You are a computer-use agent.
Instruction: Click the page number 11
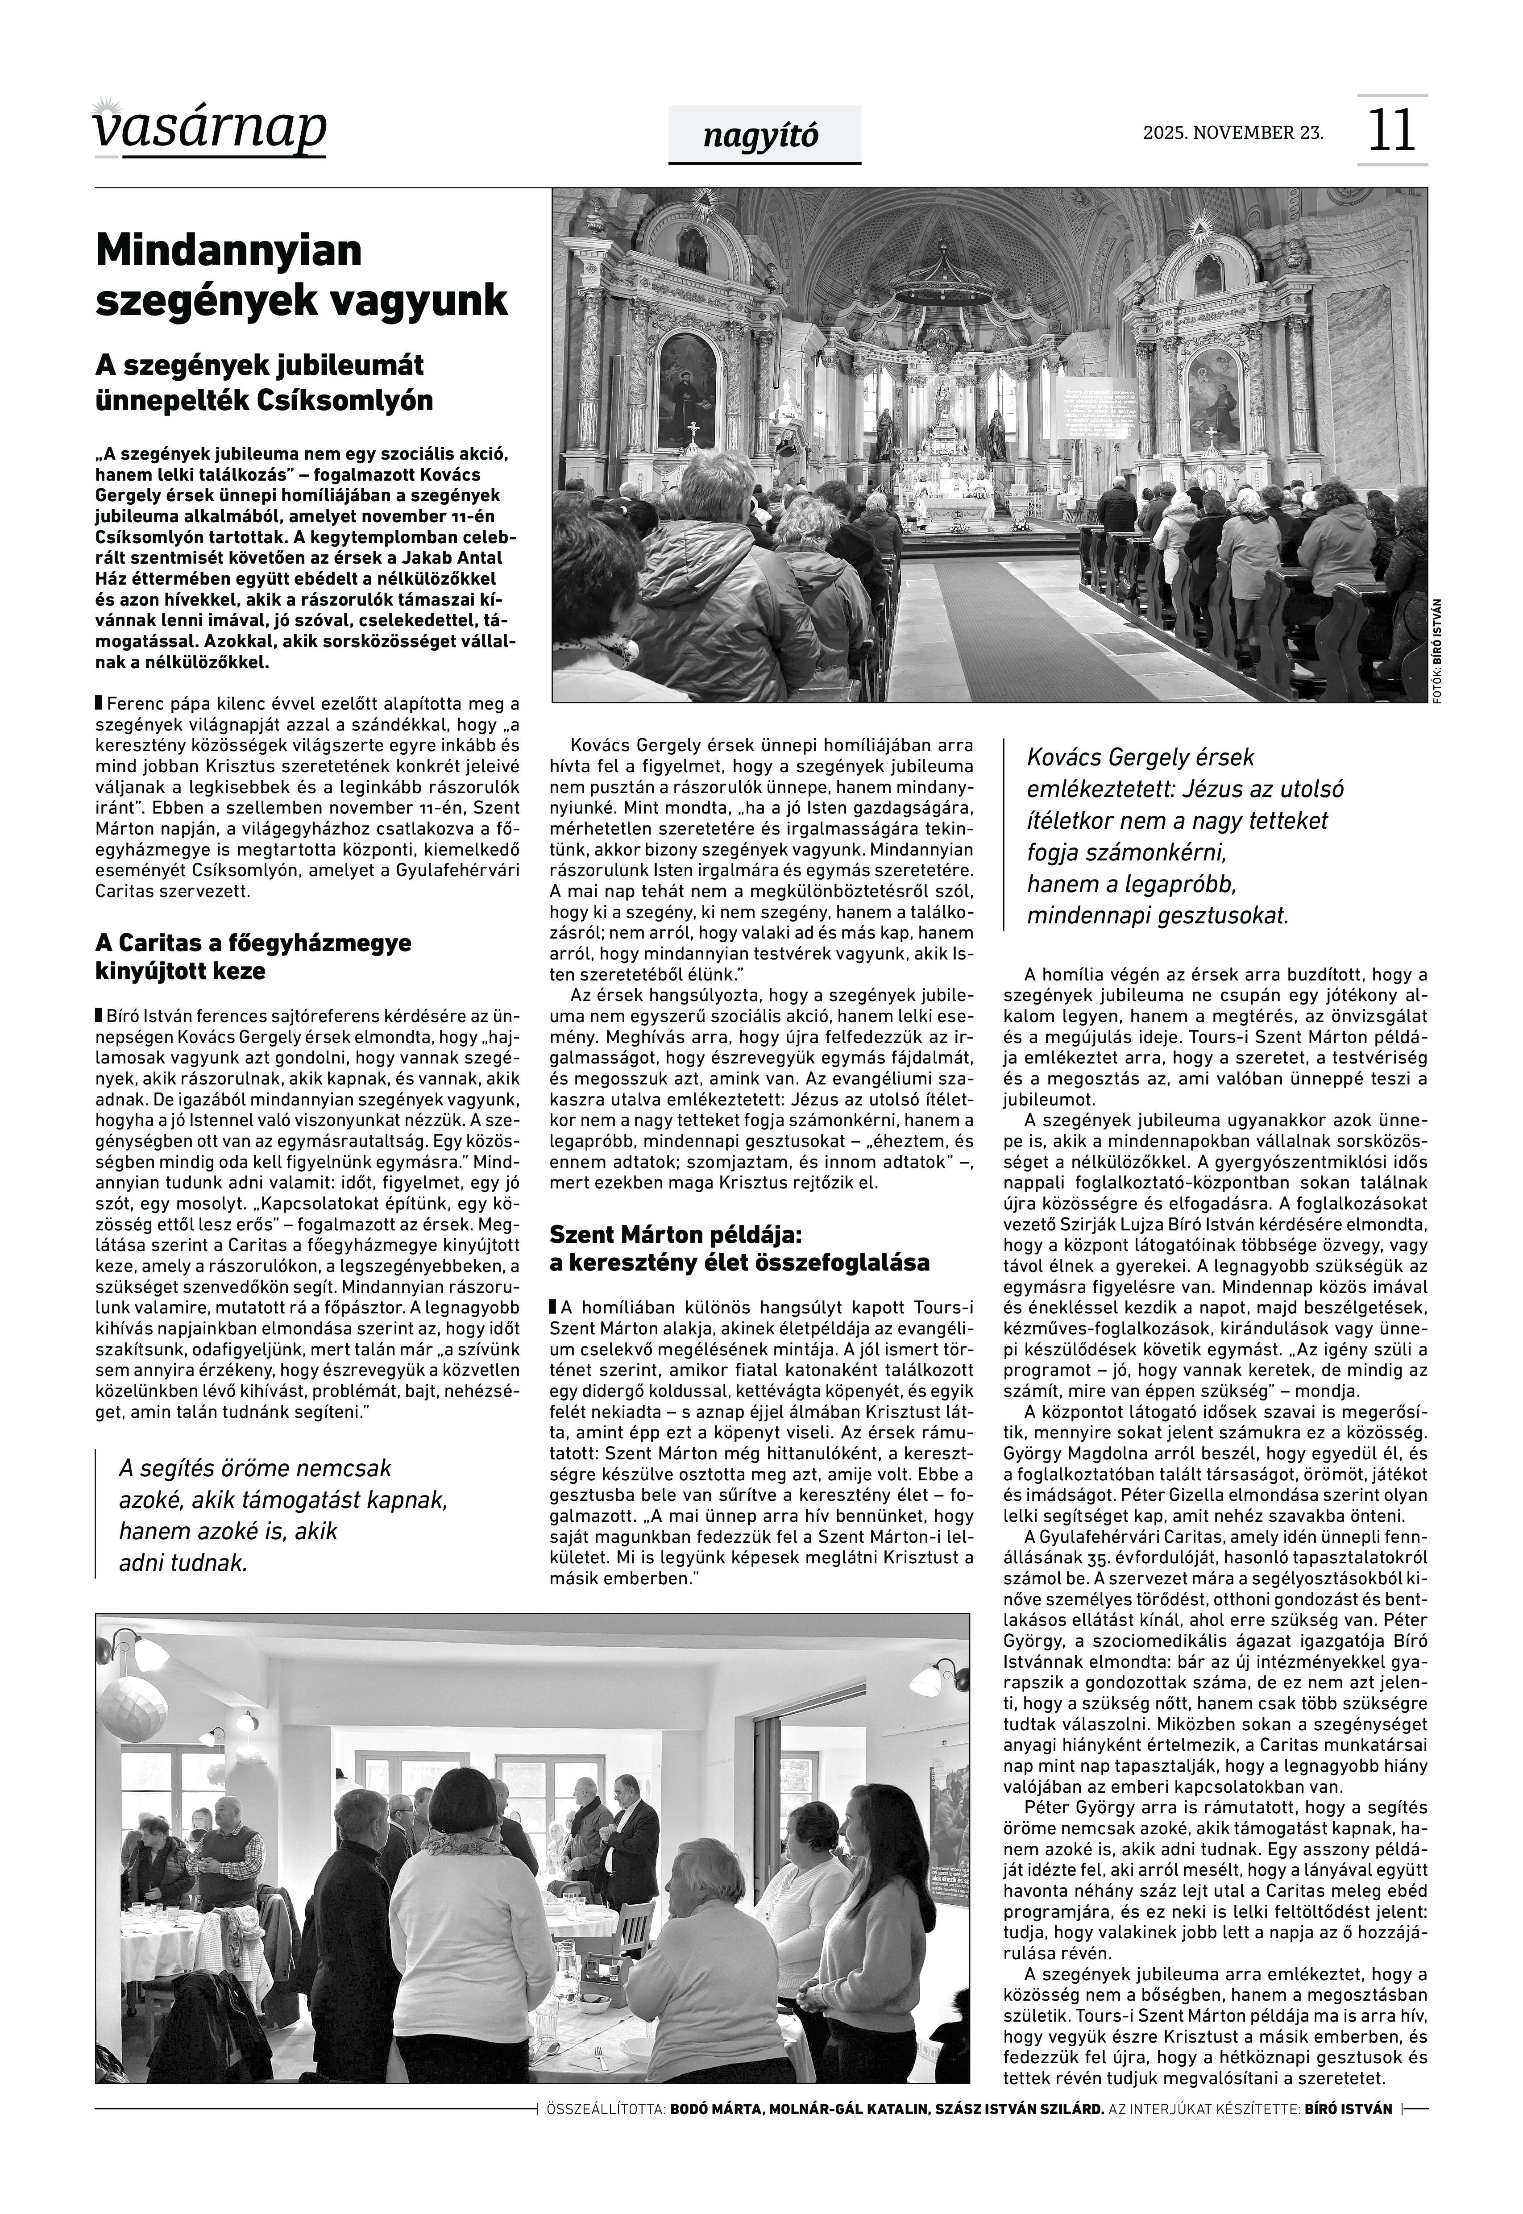point(1391,131)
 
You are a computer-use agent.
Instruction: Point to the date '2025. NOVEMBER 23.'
point(1233,133)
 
